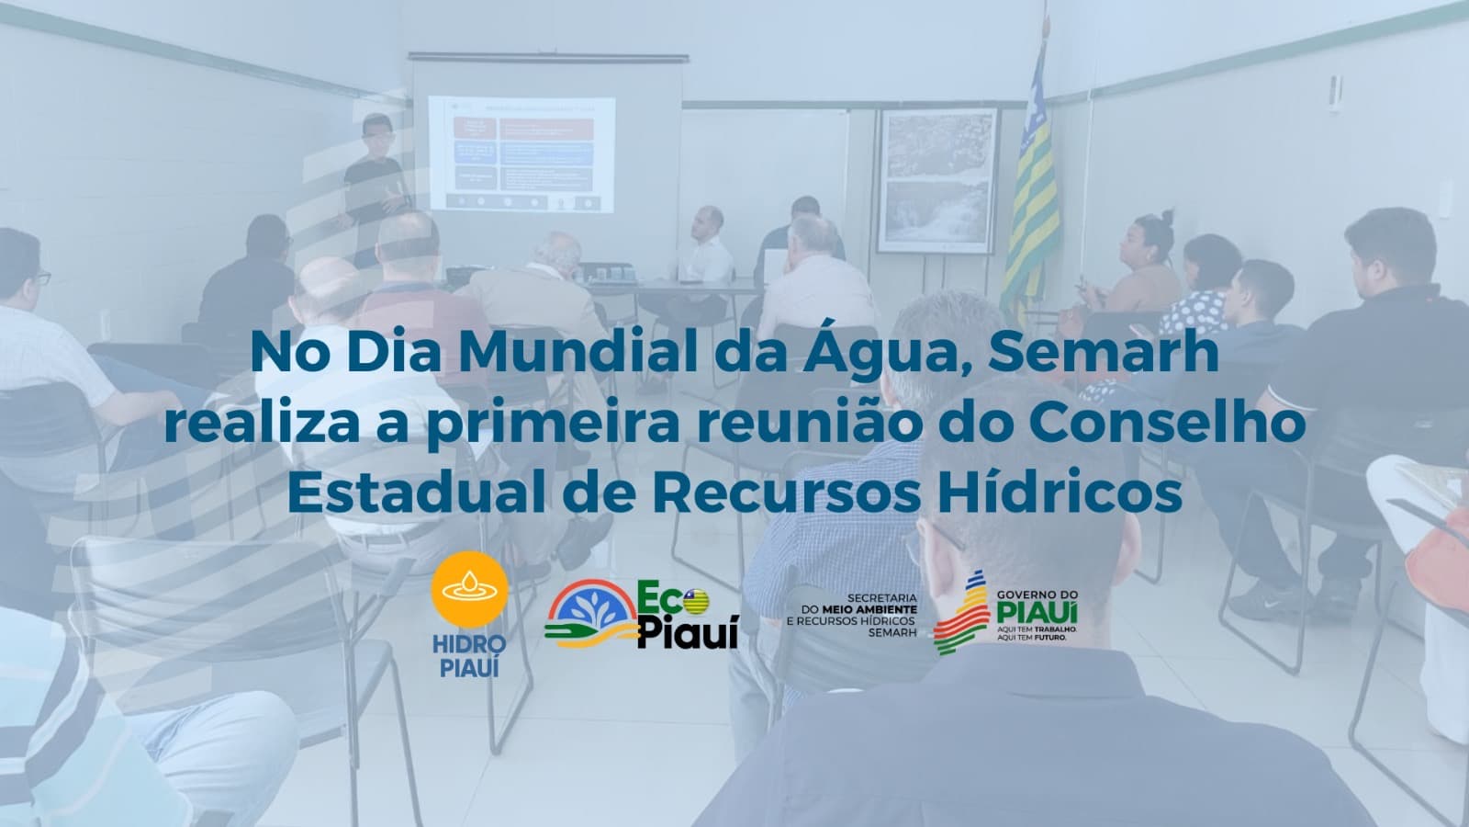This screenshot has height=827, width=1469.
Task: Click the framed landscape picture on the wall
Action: pos(936,179)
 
